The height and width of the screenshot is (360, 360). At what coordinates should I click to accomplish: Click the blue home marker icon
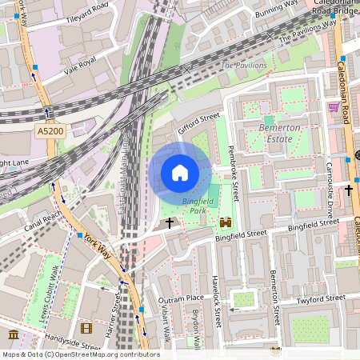coord(180,173)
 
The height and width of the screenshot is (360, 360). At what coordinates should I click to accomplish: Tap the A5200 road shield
coord(49,130)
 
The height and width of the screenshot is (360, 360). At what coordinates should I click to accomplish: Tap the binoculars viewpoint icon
coord(226,222)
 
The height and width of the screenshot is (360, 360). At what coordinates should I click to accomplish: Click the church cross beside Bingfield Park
coord(170,222)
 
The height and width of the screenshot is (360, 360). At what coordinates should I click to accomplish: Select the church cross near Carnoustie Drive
coord(349,190)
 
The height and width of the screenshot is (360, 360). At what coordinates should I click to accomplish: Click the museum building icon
coord(13,333)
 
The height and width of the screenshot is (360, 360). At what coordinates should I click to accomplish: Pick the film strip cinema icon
coord(86,327)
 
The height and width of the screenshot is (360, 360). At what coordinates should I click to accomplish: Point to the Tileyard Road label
coord(87,15)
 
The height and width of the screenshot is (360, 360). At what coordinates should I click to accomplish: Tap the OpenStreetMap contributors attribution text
coord(80,354)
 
